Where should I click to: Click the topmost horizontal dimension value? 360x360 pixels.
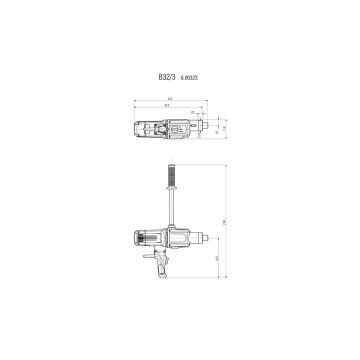[171, 98]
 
